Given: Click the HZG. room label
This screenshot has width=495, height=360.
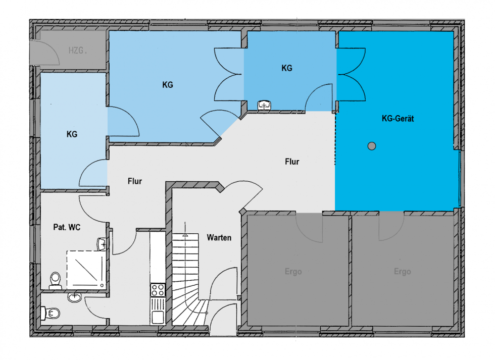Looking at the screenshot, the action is point(78,50).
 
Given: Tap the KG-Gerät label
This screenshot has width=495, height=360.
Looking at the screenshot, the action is point(398,119).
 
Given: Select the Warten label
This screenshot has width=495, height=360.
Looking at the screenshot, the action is point(219,238).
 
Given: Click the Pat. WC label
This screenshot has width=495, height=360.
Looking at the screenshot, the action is point(67,227).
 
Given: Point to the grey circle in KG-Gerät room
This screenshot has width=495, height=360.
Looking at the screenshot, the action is point(372,146).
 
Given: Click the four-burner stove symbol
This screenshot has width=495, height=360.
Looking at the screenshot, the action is point(158,290).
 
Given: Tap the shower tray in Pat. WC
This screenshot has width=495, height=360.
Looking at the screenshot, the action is point(85,270).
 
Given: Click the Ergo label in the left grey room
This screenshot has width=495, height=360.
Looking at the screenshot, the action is point(293,272).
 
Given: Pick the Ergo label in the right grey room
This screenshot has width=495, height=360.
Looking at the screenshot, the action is point(403,272).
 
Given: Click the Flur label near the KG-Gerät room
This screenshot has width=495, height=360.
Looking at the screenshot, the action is point(292,162).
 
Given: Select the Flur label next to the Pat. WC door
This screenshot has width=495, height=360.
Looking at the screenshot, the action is point(135,181).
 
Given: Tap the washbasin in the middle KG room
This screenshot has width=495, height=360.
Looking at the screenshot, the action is point(265,106).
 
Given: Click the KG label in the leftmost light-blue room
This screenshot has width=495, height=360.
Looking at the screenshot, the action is point(72,134).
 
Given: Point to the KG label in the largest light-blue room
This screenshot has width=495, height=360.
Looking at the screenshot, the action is point(168,85).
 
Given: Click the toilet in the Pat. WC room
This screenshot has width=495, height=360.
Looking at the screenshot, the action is point(55,281).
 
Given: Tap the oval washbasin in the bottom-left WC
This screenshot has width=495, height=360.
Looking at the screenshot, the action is point(75,297).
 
